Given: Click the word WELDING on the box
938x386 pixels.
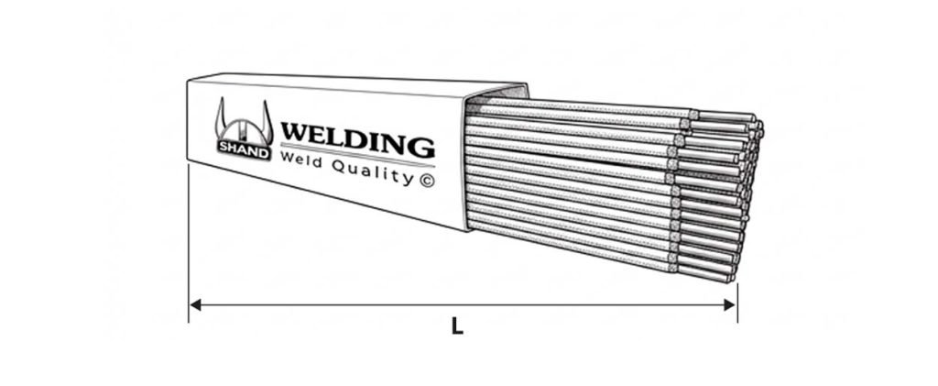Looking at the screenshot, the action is click(x=358, y=139).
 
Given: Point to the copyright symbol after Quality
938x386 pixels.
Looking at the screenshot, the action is click(x=427, y=180).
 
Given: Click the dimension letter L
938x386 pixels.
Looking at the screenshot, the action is click(x=457, y=326).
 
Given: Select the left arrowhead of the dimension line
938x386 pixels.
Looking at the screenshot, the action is click(x=195, y=304).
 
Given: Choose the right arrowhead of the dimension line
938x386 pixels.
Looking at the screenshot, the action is click(x=730, y=304).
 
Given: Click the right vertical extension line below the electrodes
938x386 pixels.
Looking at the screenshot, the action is click(x=737, y=303).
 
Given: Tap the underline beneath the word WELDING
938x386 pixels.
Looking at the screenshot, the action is click(x=358, y=154).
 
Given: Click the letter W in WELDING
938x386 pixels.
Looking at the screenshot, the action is click(x=296, y=132).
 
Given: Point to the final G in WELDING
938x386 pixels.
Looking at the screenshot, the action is click(x=421, y=148).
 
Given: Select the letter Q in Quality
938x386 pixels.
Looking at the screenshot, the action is click(x=339, y=165).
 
